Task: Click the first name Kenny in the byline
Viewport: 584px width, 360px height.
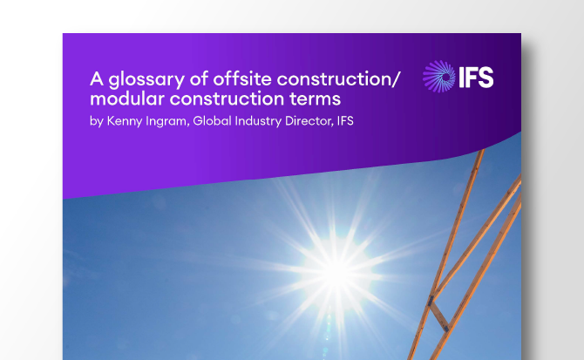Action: pyautogui.click(x=123, y=122)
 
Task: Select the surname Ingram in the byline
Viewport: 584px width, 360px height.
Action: pyautogui.click(x=165, y=122)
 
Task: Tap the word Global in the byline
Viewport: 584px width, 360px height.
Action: pyautogui.click(x=210, y=122)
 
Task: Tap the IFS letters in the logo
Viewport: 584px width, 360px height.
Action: pyautogui.click(x=475, y=77)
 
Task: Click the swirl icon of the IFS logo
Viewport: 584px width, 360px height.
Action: pyautogui.click(x=438, y=77)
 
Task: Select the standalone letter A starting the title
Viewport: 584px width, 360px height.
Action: pyautogui.click(x=96, y=79)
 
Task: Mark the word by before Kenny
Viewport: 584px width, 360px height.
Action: pyautogui.click(x=96, y=122)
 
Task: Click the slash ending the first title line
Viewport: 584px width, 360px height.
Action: pyautogui.click(x=397, y=79)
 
